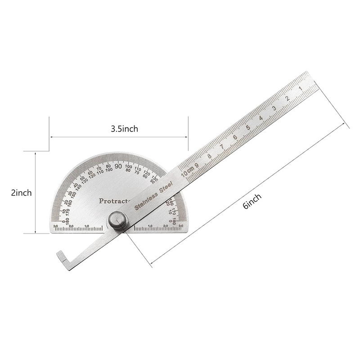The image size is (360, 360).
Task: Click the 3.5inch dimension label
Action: pyautogui.click(x=124, y=128)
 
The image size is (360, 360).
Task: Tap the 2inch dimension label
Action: pyautogui.click(x=21, y=193)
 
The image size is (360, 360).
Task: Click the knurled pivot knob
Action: pyautogui.click(x=117, y=221)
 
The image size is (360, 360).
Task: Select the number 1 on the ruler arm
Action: pyautogui.click(x=301, y=89)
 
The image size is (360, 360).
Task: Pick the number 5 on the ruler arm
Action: pyautogui.click(x=248, y=127)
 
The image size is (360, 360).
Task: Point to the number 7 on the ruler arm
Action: pyautogui.click(x=222, y=147)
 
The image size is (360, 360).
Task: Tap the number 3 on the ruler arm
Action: pyautogui.click(x=274, y=108)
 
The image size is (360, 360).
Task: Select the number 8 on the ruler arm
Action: pyautogui.click(x=209, y=156)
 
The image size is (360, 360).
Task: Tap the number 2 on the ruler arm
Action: pyautogui.click(x=287, y=99)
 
